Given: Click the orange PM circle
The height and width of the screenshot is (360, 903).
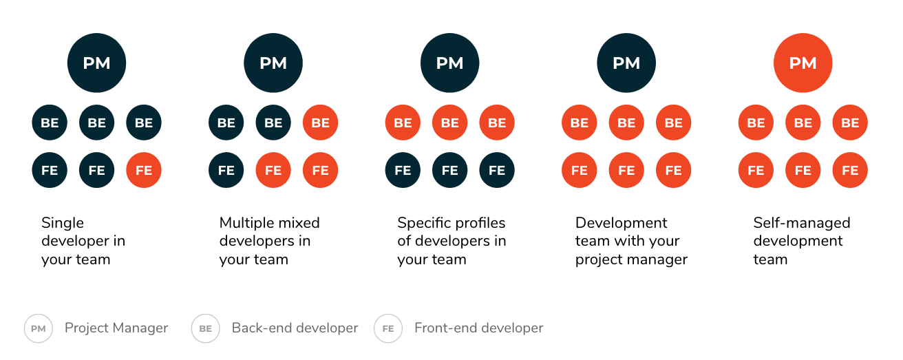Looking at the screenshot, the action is (803, 63).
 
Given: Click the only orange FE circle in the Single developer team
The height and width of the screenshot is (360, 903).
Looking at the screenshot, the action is (144, 170).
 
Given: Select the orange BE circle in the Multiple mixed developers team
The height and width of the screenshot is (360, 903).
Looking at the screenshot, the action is (321, 123).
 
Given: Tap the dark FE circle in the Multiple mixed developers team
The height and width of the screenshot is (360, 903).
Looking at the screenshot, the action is (226, 170).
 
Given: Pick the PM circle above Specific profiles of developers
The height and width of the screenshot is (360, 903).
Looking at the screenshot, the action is (450, 63).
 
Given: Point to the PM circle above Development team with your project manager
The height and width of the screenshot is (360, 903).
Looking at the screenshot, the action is (626, 63).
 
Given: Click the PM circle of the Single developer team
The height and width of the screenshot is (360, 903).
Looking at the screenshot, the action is (97, 63).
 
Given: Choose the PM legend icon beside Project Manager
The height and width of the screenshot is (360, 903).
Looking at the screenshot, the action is (39, 328).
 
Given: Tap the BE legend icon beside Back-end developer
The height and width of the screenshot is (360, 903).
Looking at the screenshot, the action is (206, 328).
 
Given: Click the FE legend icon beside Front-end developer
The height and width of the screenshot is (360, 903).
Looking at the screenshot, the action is (388, 328).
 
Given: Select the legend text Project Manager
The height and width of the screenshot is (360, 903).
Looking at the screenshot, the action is (116, 328).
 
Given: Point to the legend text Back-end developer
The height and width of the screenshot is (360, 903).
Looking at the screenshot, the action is (295, 328).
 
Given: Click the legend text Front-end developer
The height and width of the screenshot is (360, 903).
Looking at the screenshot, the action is (479, 328).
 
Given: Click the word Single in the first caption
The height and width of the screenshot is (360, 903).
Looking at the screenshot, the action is (63, 223).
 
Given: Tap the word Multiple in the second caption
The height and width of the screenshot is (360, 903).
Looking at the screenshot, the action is (246, 223).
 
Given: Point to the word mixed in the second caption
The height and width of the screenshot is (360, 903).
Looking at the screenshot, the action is (298, 223).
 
